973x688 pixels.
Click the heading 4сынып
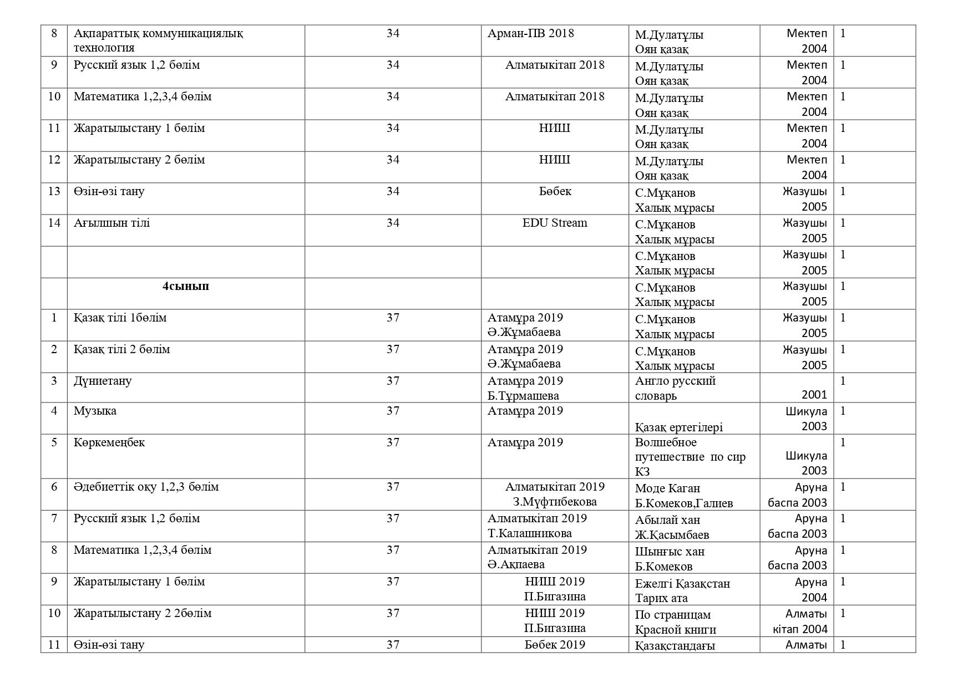click(x=185, y=287)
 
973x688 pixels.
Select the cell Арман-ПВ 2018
click(x=530, y=33)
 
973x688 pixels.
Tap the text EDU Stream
click(x=554, y=223)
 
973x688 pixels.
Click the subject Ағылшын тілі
click(x=112, y=223)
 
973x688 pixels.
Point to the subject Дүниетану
click(x=103, y=381)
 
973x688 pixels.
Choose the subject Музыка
click(x=95, y=411)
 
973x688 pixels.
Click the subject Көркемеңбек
click(x=109, y=442)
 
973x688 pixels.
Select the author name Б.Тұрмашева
click(x=523, y=396)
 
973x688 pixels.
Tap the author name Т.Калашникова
click(x=529, y=533)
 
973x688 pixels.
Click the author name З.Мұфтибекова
click(x=554, y=502)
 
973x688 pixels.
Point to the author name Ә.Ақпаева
click(x=516, y=564)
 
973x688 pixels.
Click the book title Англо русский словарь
click(x=675, y=388)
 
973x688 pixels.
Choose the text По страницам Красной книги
click(x=675, y=622)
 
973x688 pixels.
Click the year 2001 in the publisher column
click(x=814, y=395)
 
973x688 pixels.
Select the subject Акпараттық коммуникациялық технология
click(x=158, y=40)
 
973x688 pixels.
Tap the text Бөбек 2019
click(x=554, y=645)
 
